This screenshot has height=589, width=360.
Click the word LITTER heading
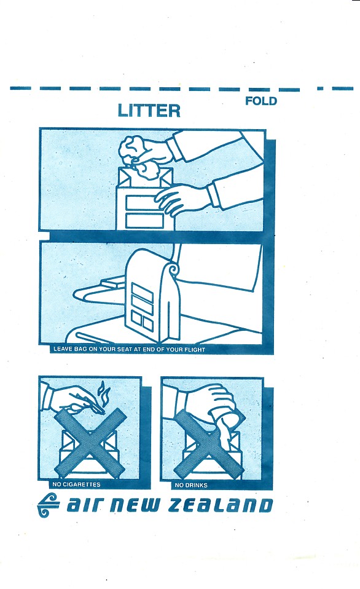[149, 111]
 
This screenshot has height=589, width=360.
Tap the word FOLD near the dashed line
[261, 101]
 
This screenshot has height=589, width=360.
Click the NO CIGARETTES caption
[77, 484]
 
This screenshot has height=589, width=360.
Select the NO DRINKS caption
[191, 485]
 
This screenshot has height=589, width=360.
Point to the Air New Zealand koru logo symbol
[49, 505]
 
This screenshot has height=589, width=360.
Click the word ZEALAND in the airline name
[220, 505]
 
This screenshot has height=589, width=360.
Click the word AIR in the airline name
[84, 505]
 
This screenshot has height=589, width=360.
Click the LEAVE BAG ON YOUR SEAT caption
[129, 349]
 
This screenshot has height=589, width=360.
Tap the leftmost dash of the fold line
[21, 89]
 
